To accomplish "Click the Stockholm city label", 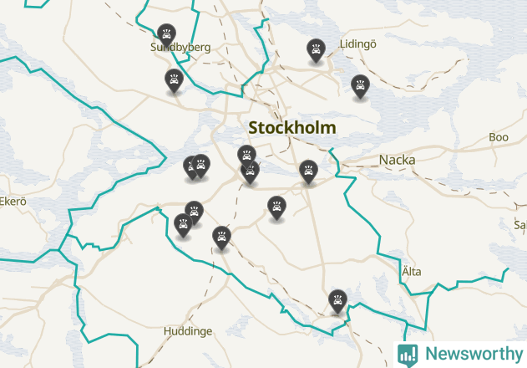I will (x=292, y=128).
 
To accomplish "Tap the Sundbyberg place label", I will (x=180, y=48).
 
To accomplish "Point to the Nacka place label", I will (x=397, y=159).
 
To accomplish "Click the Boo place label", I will (x=499, y=137).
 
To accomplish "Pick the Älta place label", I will (x=411, y=271).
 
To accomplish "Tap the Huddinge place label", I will (x=188, y=331).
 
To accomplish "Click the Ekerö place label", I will (x=13, y=202).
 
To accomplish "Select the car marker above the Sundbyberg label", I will (x=167, y=34).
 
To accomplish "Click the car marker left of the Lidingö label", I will (x=316, y=49).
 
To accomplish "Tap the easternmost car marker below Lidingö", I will (x=360, y=85).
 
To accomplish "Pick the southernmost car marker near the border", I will (x=337, y=300).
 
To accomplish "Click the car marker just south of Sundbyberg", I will (x=174, y=80).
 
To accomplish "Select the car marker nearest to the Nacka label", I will (x=309, y=171).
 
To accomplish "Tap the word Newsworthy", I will (x=471, y=354).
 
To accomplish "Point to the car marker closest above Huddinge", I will (x=221, y=237).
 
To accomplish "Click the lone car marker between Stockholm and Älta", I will (x=276, y=206).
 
